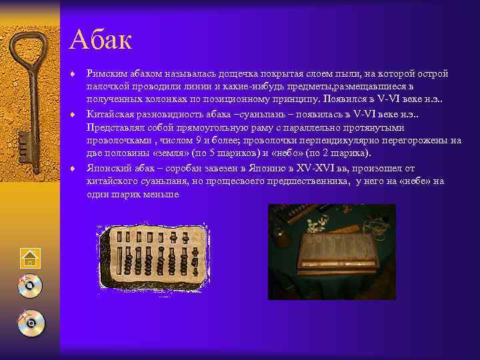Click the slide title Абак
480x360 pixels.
pyautogui.click(x=101, y=40)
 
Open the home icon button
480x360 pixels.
pyautogui.click(x=30, y=259)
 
